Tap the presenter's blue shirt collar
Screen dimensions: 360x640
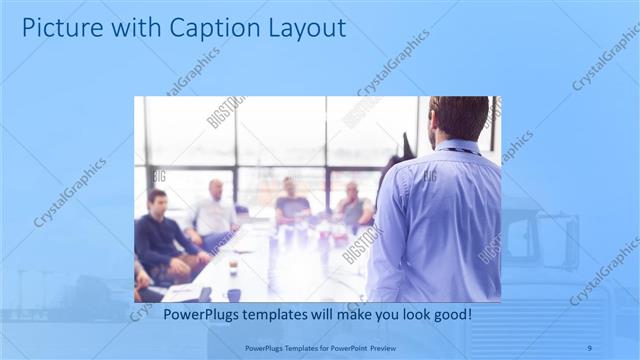pos(456,147)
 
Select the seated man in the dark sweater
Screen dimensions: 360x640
pos(160,240)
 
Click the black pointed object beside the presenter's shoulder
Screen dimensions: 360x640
pos(407,146)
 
